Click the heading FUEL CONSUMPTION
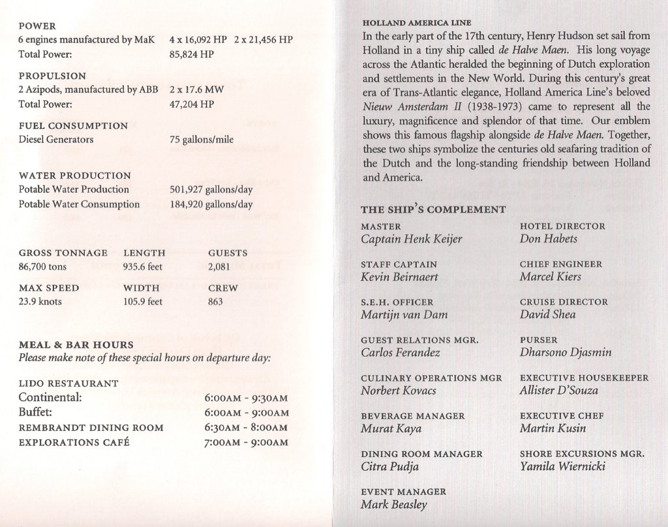point(73,126)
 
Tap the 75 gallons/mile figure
point(201,140)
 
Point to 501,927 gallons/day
point(211,189)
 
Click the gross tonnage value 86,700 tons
point(42,266)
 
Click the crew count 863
point(215,302)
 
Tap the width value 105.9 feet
point(143,302)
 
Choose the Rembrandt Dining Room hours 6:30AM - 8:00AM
point(246,428)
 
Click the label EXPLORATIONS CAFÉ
point(74,442)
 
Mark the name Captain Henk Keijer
point(411,239)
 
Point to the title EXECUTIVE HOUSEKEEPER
point(584,378)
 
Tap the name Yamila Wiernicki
point(562,466)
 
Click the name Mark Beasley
point(395,504)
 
